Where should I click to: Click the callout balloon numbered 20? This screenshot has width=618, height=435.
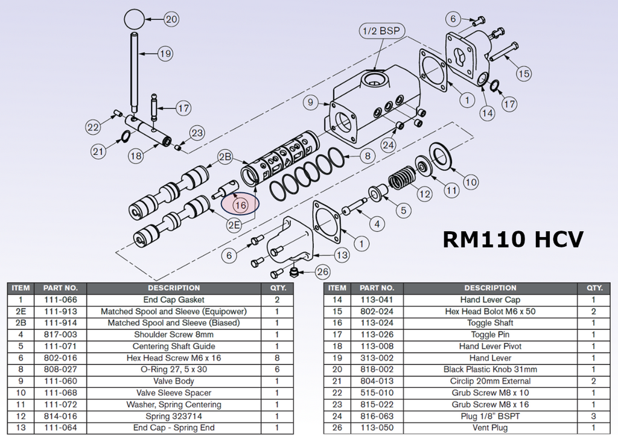tap(172, 19)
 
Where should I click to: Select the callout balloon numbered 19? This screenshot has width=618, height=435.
tap(165, 54)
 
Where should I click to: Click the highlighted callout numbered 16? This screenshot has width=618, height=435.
tap(240, 205)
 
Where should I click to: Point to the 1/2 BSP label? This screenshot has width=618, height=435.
tap(381, 31)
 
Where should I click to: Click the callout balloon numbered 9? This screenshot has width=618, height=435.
tap(310, 103)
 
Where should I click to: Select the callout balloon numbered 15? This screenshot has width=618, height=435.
tap(524, 74)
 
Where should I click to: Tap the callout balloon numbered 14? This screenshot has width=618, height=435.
tap(487, 112)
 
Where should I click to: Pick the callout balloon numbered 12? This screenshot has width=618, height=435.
tap(425, 194)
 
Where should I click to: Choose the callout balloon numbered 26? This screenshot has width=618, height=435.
tap(323, 271)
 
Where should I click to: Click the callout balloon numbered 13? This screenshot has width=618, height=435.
tap(342, 255)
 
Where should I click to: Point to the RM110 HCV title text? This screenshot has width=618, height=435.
tap(513, 239)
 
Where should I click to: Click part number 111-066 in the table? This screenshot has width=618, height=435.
tap(60, 300)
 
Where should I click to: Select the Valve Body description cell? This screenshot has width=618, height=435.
tap(174, 381)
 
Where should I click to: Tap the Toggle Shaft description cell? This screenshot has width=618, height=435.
tap(491, 323)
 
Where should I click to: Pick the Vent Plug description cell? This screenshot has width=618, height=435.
tap(491, 428)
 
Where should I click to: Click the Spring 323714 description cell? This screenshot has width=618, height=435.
tap(174, 416)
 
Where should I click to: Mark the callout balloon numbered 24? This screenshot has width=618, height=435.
tap(389, 145)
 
